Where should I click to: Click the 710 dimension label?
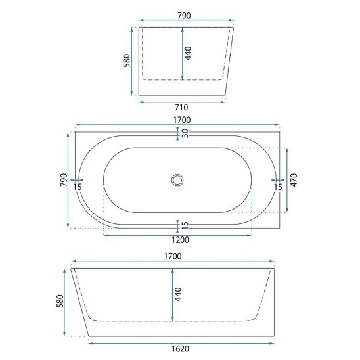[181, 108]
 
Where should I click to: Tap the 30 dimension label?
[185, 133]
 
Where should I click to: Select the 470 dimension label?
[294, 180]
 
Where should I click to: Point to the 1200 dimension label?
[180, 240]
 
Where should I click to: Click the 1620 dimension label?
[180, 349]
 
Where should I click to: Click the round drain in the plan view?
[177, 180]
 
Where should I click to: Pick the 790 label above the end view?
[184, 16]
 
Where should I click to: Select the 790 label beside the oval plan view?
[64, 180]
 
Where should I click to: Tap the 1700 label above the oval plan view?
[182, 120]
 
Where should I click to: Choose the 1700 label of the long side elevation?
[173, 256]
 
